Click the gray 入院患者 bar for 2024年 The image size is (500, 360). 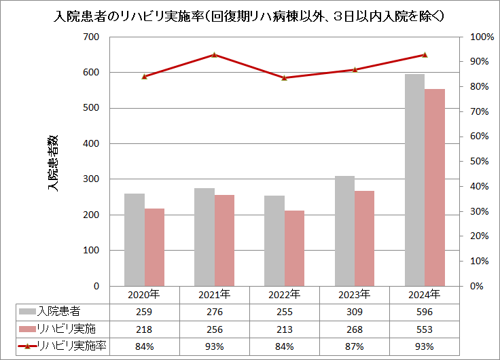coord(414,180)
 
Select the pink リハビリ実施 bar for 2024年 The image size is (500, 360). coord(434,187)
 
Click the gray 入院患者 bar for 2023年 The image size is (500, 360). coord(344,231)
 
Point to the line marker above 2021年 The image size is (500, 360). coord(214,55)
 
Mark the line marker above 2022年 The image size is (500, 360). coord(284,77)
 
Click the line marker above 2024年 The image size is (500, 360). coord(425,55)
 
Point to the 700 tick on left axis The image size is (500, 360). coord(90,37)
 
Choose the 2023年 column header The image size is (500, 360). coord(354,295)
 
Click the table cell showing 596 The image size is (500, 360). coord(424,312)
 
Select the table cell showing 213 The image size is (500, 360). coord(284,329)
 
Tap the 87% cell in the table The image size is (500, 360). coord(354,346)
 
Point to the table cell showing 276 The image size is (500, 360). coord(214,312)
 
